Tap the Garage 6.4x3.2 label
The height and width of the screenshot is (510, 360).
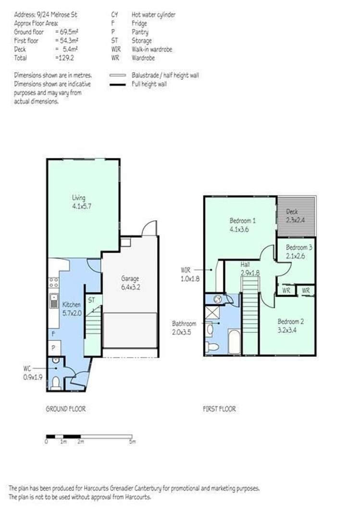coord(130,283)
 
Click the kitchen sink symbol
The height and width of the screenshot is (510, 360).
coord(54,301)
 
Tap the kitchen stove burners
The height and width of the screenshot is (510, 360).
coord(54,282)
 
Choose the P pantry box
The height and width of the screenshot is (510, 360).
coord(53,348)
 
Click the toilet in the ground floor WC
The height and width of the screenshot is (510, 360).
coord(56,382)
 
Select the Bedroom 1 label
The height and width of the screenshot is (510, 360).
coord(242,225)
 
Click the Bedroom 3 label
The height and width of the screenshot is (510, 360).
coord(299,252)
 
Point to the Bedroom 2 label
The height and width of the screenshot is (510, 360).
coord(291,326)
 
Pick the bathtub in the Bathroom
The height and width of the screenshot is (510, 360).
coord(234,341)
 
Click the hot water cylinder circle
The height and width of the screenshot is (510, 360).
coord(218,299)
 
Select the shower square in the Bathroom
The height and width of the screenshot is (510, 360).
coord(212,314)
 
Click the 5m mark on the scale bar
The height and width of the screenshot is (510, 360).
coord(132,442)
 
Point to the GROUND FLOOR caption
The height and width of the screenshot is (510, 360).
coord(65,409)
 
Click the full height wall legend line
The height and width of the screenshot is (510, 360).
coord(117,85)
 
